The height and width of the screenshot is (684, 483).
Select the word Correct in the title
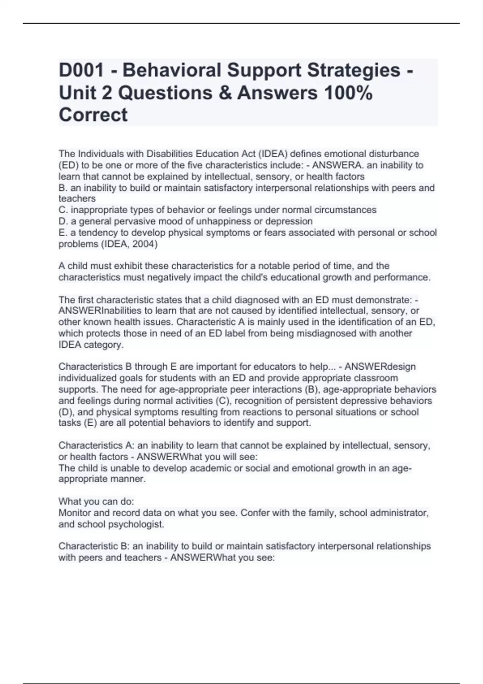pyautogui.click(x=93, y=115)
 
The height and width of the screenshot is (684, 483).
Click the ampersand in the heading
pyautogui.click(x=225, y=93)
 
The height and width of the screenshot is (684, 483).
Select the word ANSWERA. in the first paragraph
pyautogui.click(x=334, y=165)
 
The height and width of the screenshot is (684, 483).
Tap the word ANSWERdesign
pyautogui.click(x=380, y=367)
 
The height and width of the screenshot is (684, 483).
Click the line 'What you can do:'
pyautogui.click(x=96, y=501)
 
